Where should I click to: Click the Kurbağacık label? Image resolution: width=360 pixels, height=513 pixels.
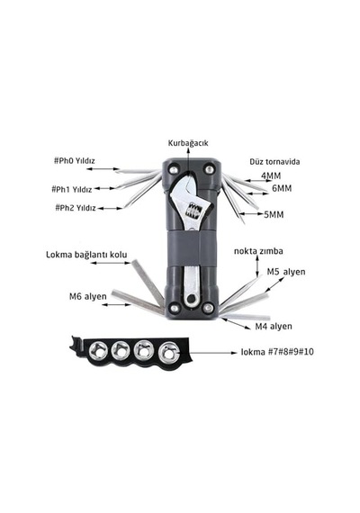click(x=188, y=143)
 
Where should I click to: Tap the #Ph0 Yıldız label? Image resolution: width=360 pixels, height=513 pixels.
click(x=75, y=160)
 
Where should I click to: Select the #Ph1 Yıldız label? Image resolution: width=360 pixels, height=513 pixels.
click(x=72, y=189)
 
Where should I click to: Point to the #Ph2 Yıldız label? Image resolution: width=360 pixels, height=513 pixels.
click(x=76, y=208)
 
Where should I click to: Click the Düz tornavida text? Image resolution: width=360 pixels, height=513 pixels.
click(x=274, y=162)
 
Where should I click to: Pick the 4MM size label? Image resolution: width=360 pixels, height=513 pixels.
click(x=271, y=175)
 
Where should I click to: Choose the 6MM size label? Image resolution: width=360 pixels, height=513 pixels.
click(x=282, y=188)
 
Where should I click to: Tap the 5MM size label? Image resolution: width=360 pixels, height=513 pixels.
click(x=274, y=214)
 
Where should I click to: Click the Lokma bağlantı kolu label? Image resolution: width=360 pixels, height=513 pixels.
click(x=86, y=255)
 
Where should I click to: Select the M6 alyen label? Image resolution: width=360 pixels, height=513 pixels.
click(x=87, y=296)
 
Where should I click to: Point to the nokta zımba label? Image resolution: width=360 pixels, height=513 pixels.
click(x=258, y=251)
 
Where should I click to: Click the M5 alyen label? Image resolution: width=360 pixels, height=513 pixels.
click(x=286, y=272)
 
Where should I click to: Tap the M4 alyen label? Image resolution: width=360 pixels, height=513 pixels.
click(x=274, y=326)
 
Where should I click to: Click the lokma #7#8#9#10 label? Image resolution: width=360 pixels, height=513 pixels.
click(x=277, y=352)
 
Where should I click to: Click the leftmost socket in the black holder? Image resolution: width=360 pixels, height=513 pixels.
click(x=98, y=350)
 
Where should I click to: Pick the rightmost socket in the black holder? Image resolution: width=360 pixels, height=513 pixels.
click(x=168, y=352)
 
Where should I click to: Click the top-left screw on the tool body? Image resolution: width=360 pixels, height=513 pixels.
click(x=175, y=169)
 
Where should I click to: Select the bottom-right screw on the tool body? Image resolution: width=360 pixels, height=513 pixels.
click(x=208, y=308)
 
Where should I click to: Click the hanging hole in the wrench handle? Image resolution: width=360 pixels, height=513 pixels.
click(x=191, y=299)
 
